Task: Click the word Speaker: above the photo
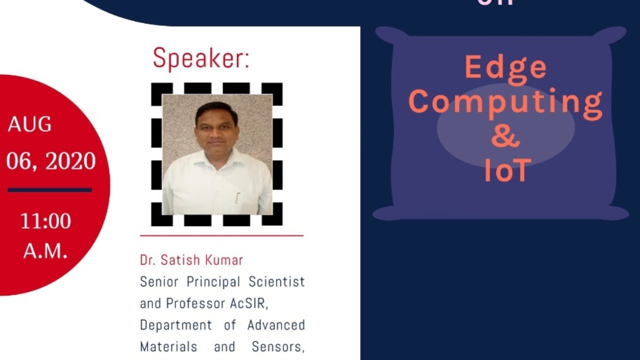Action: click(x=200, y=58)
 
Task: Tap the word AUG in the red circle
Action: click(x=29, y=124)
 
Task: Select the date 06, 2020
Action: click(x=51, y=161)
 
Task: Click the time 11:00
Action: click(x=45, y=221)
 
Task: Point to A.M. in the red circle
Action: click(x=45, y=251)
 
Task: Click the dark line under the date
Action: click(x=49, y=190)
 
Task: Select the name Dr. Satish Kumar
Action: click(x=191, y=260)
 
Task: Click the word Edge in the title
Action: click(x=505, y=68)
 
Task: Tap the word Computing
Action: click(x=505, y=102)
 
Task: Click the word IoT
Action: click(x=506, y=170)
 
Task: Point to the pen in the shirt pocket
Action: click(x=237, y=198)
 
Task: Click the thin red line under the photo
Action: click(x=221, y=235)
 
